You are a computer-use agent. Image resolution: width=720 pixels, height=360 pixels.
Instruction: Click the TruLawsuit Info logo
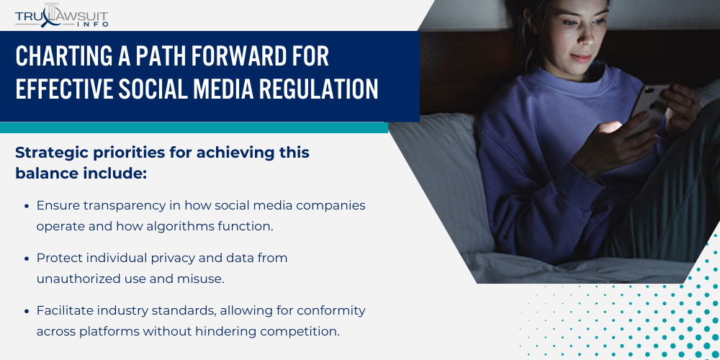pyautogui.click(x=61, y=15)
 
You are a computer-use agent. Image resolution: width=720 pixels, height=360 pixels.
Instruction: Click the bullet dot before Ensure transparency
pyautogui.click(x=27, y=207)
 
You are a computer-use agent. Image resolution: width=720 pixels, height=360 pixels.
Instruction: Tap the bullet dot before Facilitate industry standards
pyautogui.click(x=27, y=311)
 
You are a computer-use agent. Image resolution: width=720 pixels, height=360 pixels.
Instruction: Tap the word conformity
pyautogui.click(x=331, y=311)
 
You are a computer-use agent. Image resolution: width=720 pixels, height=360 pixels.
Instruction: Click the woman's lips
pyautogui.click(x=582, y=57)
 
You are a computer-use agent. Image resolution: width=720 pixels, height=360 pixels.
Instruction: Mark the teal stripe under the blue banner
pyautogui.click(x=194, y=127)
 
